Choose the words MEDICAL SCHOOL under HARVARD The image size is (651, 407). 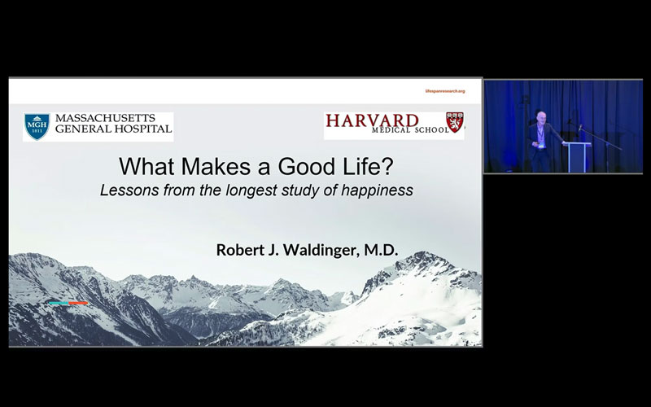coord(404,134)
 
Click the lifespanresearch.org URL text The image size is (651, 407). coord(445,91)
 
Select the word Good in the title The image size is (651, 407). coord(293,168)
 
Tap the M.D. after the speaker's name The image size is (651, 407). coord(378,250)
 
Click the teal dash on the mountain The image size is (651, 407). coord(58,303)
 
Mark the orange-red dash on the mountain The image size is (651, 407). coord(78,303)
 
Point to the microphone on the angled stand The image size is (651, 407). coord(579,127)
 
